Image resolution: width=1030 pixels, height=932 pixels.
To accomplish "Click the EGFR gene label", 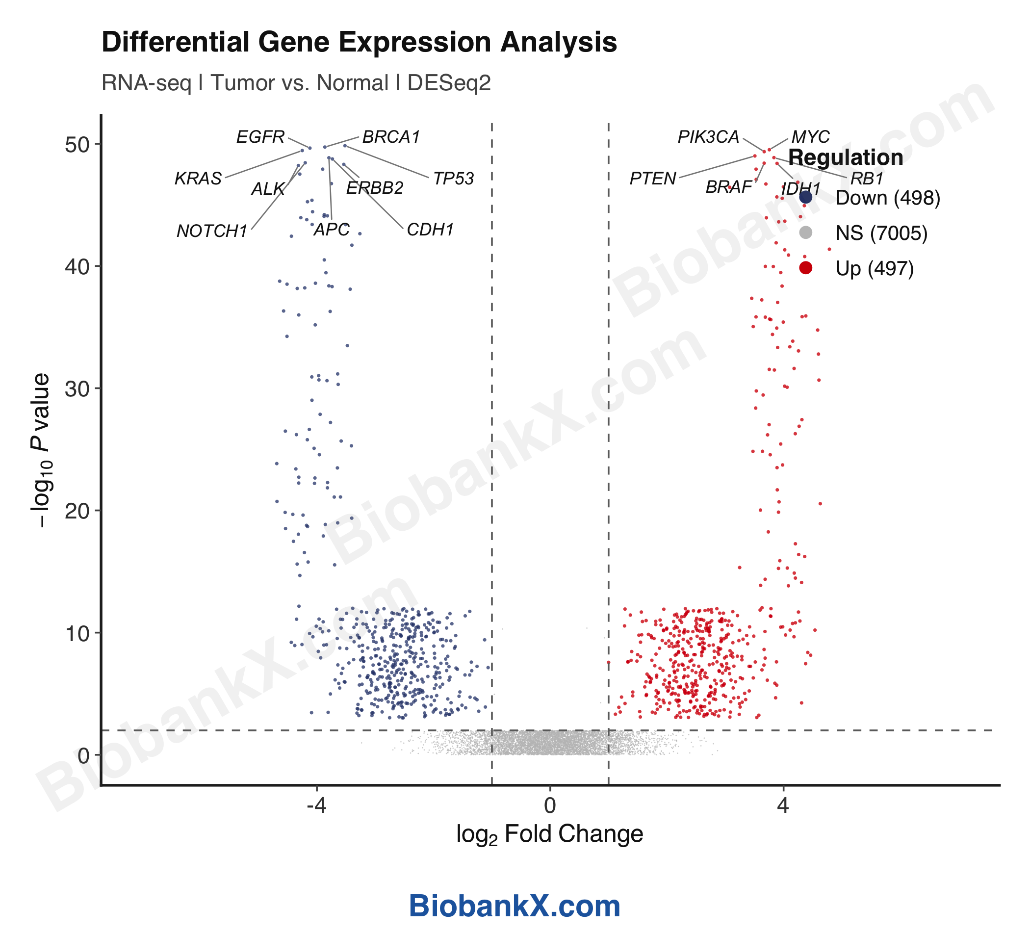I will [260, 137].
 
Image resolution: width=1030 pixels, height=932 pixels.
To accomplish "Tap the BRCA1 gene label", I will [391, 137].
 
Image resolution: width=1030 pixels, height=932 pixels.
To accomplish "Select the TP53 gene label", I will [454, 179].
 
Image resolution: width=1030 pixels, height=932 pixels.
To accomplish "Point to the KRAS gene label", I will [198, 179].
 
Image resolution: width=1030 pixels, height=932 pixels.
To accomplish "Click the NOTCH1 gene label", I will [212, 232].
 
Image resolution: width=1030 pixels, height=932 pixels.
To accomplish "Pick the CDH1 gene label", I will [430, 230].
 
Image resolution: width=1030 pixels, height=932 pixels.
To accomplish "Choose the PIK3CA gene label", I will [708, 137].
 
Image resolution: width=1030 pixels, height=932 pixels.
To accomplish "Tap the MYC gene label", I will [810, 137].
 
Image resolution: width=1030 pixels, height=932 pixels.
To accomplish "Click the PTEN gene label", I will [652, 179].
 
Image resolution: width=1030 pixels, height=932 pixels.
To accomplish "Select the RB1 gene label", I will [867, 179].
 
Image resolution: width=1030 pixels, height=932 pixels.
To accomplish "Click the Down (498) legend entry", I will [887, 198].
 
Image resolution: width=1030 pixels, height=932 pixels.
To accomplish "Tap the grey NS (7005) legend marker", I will [806, 233].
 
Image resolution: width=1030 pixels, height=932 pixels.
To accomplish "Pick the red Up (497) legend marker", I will [806, 268].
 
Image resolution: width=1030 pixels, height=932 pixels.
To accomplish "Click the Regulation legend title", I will [846, 157].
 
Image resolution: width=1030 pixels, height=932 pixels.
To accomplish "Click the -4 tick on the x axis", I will [316, 806].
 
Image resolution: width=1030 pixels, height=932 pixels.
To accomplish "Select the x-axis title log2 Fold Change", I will [550, 834].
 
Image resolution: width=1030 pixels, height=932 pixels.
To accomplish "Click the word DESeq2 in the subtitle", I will [449, 83].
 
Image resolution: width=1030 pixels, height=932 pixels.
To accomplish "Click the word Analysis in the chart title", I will [559, 42].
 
